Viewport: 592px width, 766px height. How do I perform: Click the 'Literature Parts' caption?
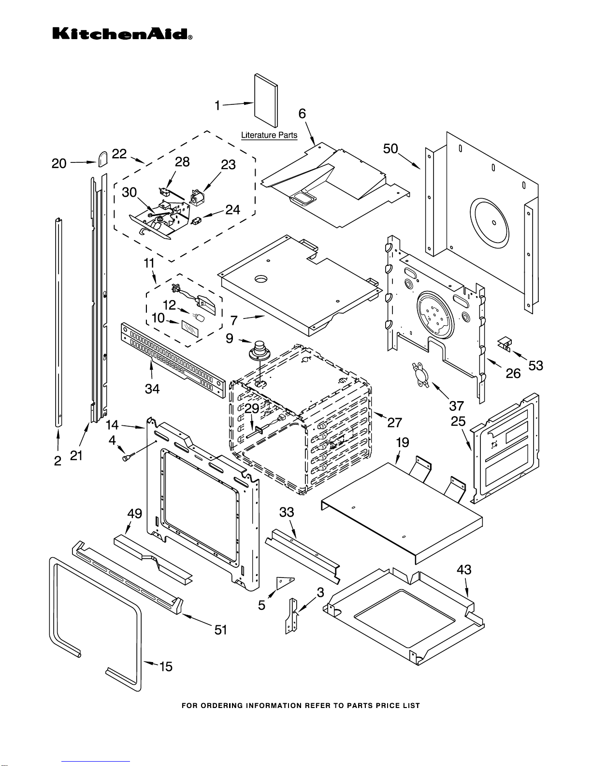(269, 135)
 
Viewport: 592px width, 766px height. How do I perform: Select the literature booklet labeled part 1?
(266, 103)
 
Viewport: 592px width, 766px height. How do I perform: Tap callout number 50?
(390, 149)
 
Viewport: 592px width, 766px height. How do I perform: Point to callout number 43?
(464, 570)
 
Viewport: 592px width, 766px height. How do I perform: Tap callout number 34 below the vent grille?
(152, 389)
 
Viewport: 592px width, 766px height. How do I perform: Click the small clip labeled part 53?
(504, 343)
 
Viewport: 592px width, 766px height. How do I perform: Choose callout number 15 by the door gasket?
(166, 666)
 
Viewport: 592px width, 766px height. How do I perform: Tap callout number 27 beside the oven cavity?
(394, 422)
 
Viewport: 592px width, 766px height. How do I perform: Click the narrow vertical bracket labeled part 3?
(291, 616)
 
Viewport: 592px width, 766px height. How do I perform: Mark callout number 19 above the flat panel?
(402, 443)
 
